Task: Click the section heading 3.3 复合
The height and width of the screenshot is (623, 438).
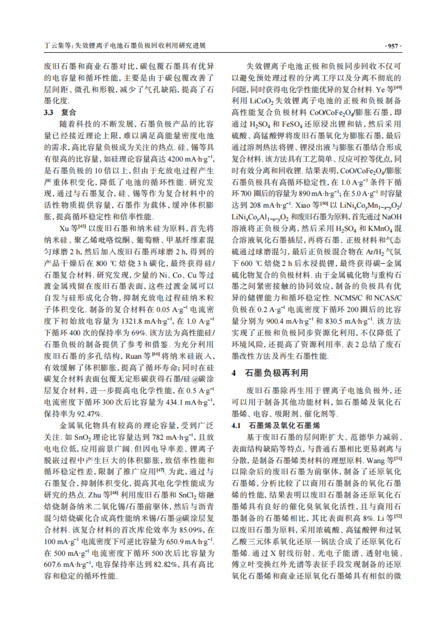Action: (x=60, y=112)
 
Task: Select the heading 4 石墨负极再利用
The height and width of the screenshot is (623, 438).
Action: (x=270, y=373)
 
